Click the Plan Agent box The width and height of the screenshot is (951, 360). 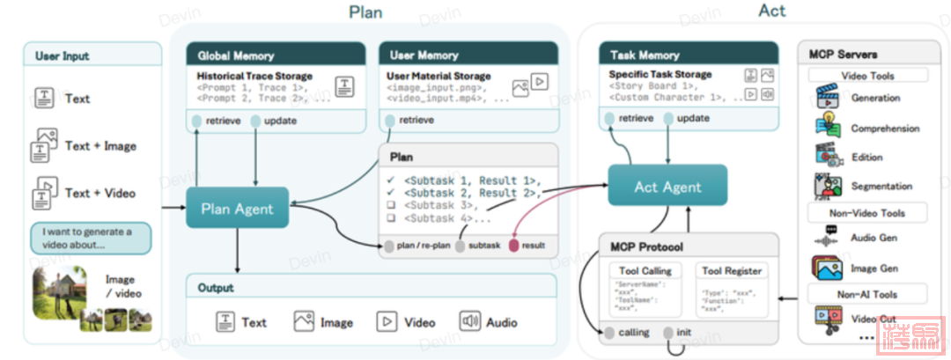tap(238, 209)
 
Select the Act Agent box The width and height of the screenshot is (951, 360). tap(667, 187)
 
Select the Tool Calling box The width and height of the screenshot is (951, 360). tap(645, 288)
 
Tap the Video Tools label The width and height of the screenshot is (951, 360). tap(867, 76)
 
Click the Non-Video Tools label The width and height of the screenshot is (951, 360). tap(867, 212)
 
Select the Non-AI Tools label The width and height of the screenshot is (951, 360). tap(867, 293)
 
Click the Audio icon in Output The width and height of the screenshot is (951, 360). tap(469, 322)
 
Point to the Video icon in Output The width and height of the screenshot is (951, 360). tap(386, 322)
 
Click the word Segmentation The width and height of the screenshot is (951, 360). tap(881, 187)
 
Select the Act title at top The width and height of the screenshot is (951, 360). tap(771, 11)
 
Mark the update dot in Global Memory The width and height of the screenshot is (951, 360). tap(255, 121)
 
